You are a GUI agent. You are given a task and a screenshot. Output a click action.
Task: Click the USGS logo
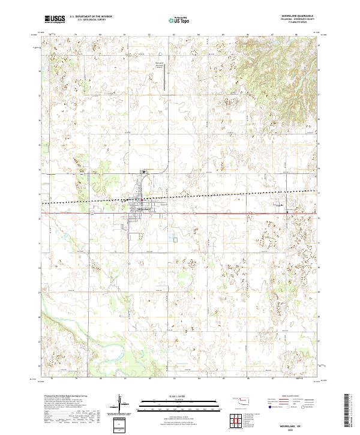pos(55,19)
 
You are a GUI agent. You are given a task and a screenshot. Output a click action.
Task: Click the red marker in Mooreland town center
pos(140,200)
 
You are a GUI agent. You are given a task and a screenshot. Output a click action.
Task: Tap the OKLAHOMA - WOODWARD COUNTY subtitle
pos(294,20)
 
